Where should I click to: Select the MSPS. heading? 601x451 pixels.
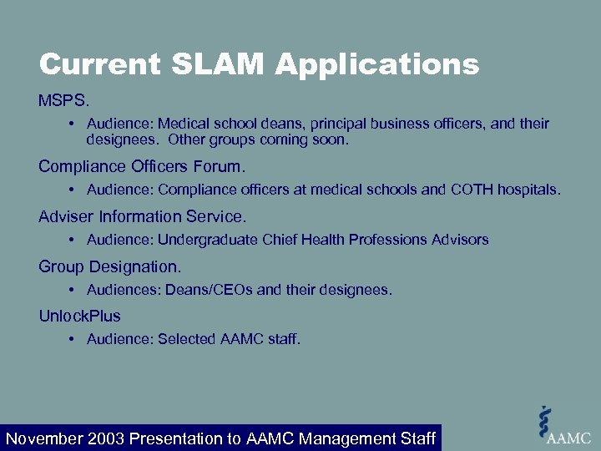pyautogui.click(x=63, y=100)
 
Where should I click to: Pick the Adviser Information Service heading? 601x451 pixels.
pyautogui.click(x=142, y=216)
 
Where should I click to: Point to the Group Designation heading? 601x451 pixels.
pyautogui.click(x=109, y=266)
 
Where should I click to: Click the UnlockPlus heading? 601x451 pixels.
pyautogui.click(x=79, y=316)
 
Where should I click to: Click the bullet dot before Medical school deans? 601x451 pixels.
pyautogui.click(x=73, y=124)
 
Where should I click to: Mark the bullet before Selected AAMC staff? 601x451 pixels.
pyautogui.click(x=73, y=339)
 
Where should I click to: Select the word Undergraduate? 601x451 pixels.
pyautogui.click(x=208, y=240)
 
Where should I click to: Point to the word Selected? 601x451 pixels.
pyautogui.click(x=187, y=339)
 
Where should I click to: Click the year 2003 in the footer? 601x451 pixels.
pyautogui.click(x=107, y=438)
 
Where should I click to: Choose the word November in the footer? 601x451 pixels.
pyautogui.click(x=44, y=438)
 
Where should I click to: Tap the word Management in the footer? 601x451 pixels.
pyautogui.click(x=349, y=438)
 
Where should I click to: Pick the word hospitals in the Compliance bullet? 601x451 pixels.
pyautogui.click(x=530, y=190)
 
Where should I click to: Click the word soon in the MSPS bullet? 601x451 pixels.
pyautogui.click(x=330, y=139)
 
